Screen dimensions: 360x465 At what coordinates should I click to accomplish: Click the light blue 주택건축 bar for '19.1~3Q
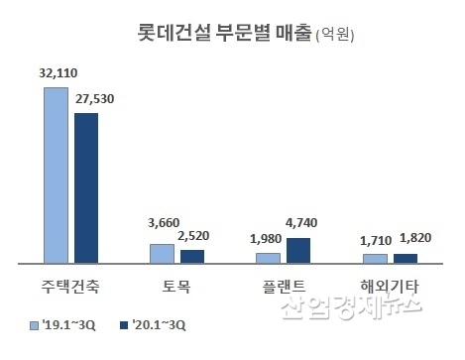[x=57, y=175]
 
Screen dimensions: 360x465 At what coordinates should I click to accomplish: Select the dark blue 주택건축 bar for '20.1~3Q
[x=86, y=187]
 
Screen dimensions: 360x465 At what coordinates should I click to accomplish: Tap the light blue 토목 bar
[x=162, y=253]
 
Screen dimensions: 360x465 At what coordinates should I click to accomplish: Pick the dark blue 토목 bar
[x=191, y=256]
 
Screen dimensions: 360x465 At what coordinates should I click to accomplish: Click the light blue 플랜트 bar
[x=268, y=258]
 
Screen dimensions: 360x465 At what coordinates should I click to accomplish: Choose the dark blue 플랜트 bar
[x=297, y=250]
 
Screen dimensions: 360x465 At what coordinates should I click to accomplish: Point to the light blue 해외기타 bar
[x=374, y=258]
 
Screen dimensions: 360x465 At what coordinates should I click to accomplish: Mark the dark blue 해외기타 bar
[x=404, y=258]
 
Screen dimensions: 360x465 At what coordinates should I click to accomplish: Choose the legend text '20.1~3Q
[x=159, y=324]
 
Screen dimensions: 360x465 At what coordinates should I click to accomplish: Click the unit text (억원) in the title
[x=334, y=37]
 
